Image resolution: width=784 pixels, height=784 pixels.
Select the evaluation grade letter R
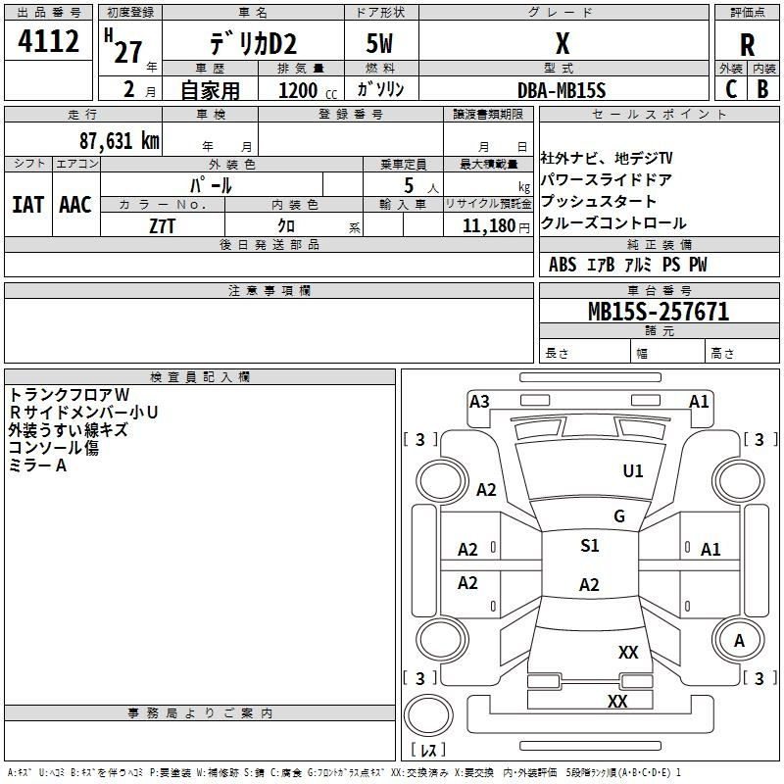[x=747, y=45]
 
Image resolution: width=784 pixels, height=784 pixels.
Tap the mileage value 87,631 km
[x=117, y=140]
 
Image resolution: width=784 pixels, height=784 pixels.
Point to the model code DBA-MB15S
[x=562, y=90]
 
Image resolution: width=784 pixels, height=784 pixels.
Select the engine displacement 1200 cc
[x=304, y=90]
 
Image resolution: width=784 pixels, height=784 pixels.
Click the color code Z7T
[x=163, y=224]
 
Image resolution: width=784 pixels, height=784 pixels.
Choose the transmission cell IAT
[x=27, y=205]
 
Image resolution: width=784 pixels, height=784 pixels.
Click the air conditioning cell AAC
[x=74, y=205]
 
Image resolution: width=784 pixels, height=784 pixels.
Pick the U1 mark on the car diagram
[x=633, y=471]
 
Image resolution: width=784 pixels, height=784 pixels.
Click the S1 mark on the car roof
[x=589, y=546]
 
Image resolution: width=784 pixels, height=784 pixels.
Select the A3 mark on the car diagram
[x=479, y=401]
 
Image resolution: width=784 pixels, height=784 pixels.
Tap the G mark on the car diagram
[x=618, y=516]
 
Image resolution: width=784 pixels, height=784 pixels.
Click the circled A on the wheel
[x=740, y=640]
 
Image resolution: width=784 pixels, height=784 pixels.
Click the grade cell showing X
[x=562, y=44]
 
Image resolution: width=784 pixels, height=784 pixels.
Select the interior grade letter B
[x=762, y=88]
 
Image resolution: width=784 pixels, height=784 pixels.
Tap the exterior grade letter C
[x=730, y=88]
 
